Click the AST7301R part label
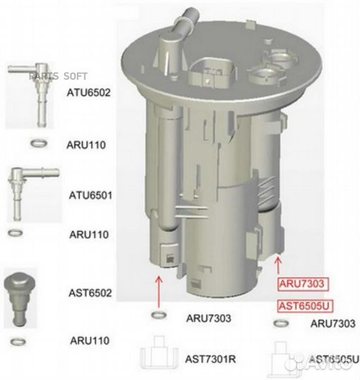click(x=210, y=359)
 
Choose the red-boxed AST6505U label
click(x=304, y=305)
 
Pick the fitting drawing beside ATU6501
click(x=28, y=194)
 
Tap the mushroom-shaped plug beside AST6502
click(x=22, y=293)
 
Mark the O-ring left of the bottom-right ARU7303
click(x=281, y=324)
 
